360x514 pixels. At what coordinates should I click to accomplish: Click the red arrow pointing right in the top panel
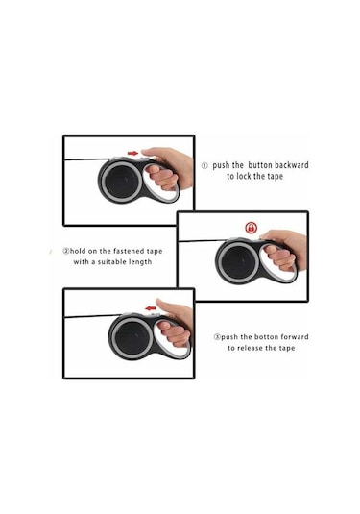tap(132, 153)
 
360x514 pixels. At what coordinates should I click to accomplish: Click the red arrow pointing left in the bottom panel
tap(151, 308)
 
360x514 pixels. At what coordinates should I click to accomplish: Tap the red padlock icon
tap(251, 228)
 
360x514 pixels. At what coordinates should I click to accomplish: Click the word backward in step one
tap(292, 165)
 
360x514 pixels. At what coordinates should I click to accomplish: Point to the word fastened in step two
tap(129, 251)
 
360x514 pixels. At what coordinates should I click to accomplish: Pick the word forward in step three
tap(294, 337)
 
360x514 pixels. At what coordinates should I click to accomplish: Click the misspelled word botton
tap(266, 337)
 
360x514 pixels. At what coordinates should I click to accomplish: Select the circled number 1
tap(204, 165)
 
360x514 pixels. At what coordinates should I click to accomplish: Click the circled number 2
tap(66, 252)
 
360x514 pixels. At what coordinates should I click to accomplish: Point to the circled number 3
tap(217, 337)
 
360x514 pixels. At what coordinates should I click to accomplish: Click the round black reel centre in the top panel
tap(122, 181)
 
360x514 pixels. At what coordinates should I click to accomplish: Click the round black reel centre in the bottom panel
tap(132, 337)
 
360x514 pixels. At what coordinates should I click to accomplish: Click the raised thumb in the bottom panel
tap(166, 306)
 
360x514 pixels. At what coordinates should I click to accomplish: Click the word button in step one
tap(260, 165)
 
